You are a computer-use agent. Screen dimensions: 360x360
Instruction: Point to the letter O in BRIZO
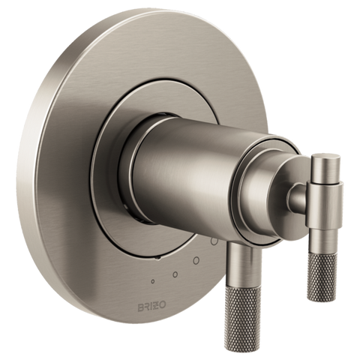163,305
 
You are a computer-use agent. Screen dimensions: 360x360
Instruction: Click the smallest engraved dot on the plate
153,281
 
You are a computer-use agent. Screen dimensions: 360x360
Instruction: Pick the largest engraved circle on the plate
214,241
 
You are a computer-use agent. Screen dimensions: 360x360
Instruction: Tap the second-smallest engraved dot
175,274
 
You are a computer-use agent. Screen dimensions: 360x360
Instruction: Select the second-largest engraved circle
196,260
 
